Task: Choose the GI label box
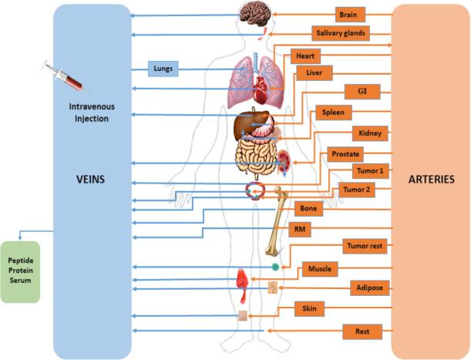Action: [362, 90]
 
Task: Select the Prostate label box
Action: [346, 154]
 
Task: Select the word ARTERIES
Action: [429, 179]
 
